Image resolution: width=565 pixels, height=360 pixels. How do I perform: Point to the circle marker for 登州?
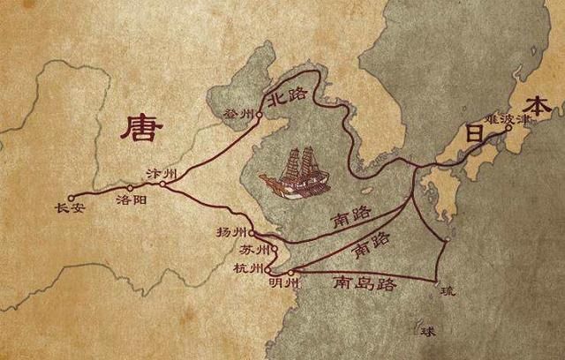coord(259,114)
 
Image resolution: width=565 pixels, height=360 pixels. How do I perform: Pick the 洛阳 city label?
coord(127,200)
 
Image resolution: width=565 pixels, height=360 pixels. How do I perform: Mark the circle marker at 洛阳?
coord(130,187)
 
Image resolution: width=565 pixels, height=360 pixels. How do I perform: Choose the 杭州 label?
coord(250,268)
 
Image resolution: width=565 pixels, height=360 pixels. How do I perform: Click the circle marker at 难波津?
coord(508,128)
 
